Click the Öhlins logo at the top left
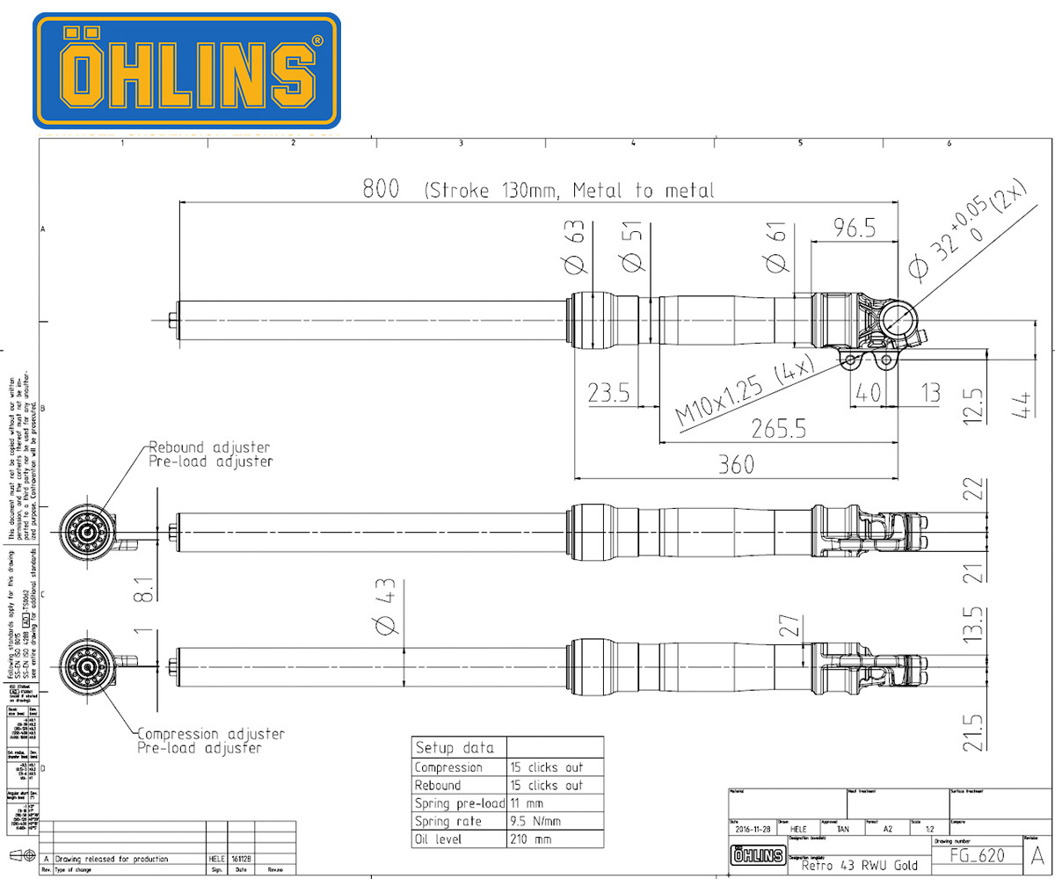point(186,70)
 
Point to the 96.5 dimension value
point(853,228)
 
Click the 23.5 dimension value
point(609,393)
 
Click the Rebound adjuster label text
point(209,447)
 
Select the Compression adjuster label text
point(211,734)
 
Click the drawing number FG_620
point(986,855)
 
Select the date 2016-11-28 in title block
point(753,829)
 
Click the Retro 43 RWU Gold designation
point(859,865)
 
